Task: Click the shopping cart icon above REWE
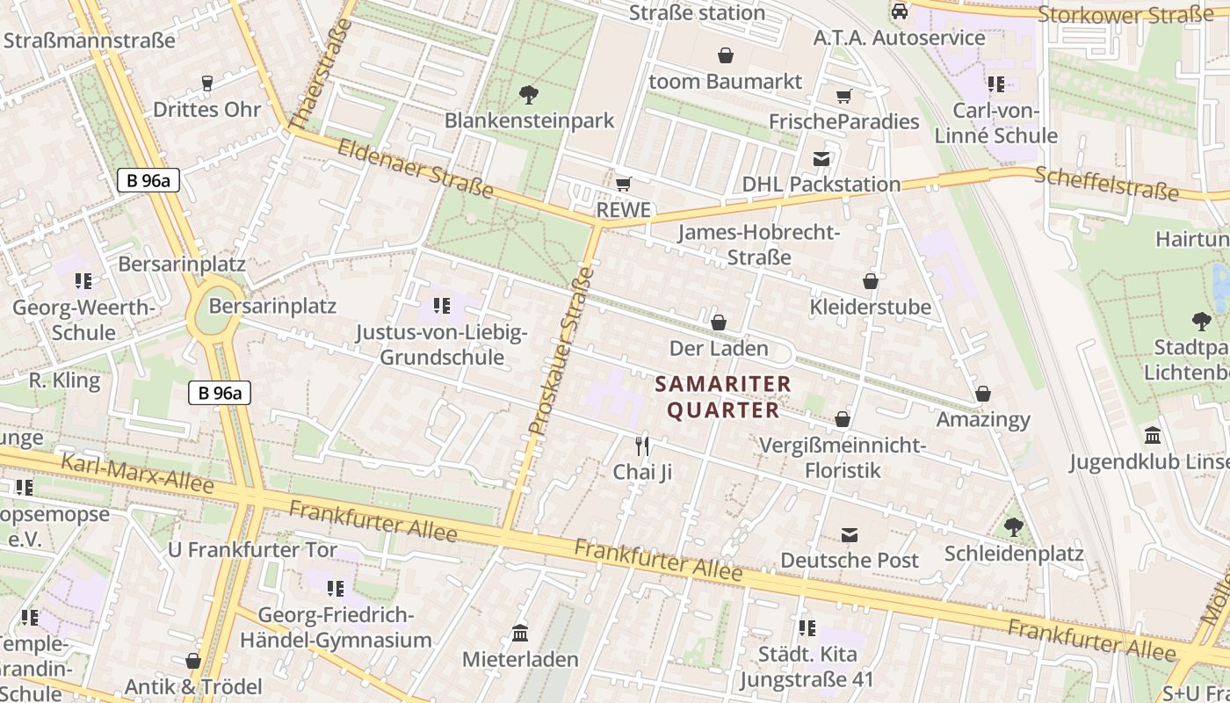[623, 184]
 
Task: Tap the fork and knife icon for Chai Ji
[642, 446]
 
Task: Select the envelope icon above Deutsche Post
[850, 534]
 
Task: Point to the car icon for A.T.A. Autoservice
[899, 11]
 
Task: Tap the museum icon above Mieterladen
[520, 633]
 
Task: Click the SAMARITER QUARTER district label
[723, 397]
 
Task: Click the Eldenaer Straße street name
[415, 167]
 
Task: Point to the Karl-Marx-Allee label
[137, 473]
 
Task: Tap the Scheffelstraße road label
[1106, 183]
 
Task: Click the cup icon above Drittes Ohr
[207, 83]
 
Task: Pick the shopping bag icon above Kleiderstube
[871, 281]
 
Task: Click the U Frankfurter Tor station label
[252, 550]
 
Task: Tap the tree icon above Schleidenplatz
[1014, 527]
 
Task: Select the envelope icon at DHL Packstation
[821, 159]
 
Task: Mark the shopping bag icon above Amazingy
[983, 394]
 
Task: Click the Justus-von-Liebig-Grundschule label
[442, 345]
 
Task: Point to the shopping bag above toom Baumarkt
[726, 56]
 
